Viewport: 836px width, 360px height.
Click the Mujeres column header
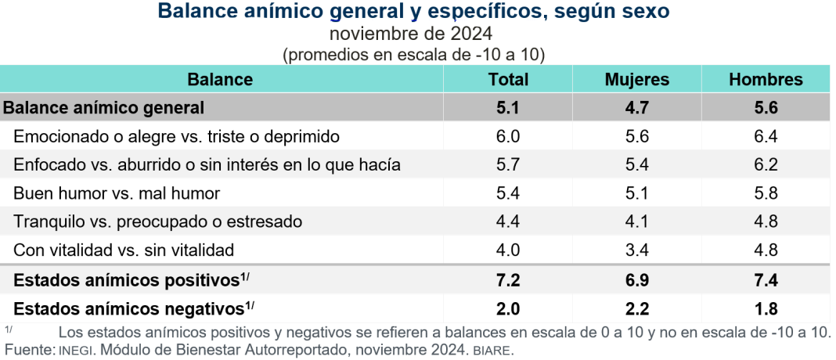(636, 79)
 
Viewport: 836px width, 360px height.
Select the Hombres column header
(766, 79)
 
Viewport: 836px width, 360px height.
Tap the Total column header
(508, 79)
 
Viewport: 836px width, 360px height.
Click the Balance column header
(220, 79)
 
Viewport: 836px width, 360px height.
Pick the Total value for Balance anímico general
(508, 108)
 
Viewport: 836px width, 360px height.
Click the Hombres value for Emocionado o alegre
(766, 136)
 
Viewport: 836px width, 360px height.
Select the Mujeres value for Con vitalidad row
(636, 250)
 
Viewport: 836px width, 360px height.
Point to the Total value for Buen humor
(508, 193)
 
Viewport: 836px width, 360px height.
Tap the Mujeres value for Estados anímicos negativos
(636, 308)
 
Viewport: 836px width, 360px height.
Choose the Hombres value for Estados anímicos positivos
(766, 279)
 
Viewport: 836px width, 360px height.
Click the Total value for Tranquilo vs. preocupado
(508, 221)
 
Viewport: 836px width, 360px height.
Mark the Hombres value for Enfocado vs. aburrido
(766, 165)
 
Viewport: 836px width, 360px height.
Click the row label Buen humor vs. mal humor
(117, 193)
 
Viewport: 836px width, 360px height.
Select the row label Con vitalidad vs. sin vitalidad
(124, 250)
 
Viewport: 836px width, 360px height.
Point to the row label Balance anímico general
(104, 108)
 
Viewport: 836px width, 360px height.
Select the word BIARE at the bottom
(492, 350)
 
